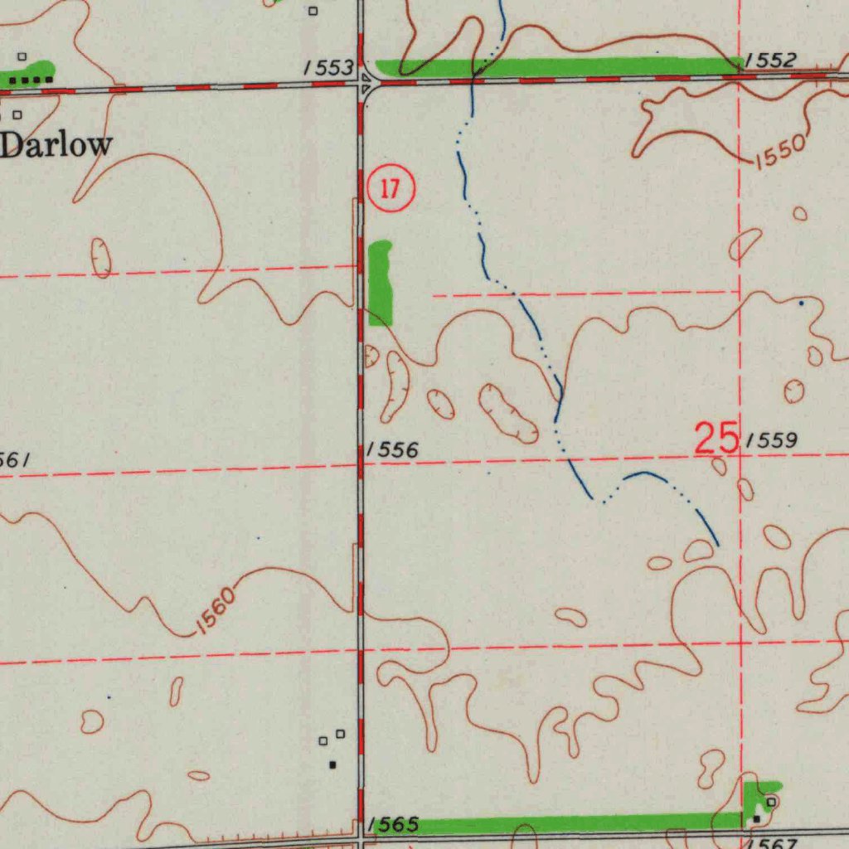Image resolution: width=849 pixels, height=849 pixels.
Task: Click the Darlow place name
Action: [x=56, y=144]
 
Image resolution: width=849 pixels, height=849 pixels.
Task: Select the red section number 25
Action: [x=716, y=438]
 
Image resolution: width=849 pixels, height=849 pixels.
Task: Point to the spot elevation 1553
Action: [x=328, y=68]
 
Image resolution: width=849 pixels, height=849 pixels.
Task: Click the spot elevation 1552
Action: [x=771, y=60]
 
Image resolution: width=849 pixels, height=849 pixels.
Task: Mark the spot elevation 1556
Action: [x=392, y=450]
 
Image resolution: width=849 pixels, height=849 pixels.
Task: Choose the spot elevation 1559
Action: [x=772, y=440]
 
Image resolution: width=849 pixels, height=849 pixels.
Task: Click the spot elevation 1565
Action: [x=394, y=824]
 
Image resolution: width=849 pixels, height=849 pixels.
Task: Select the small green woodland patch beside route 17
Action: [x=381, y=283]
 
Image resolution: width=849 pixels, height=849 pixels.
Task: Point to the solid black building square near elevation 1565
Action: [x=333, y=764]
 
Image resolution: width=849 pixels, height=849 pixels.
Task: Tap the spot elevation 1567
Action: [x=773, y=843]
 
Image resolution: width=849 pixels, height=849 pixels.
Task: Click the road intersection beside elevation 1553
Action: [x=361, y=83]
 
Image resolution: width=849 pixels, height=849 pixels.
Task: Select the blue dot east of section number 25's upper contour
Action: [x=801, y=304]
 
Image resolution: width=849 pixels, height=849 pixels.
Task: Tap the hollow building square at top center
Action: [x=313, y=11]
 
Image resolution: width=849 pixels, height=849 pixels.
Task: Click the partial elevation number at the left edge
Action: [x=15, y=458]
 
